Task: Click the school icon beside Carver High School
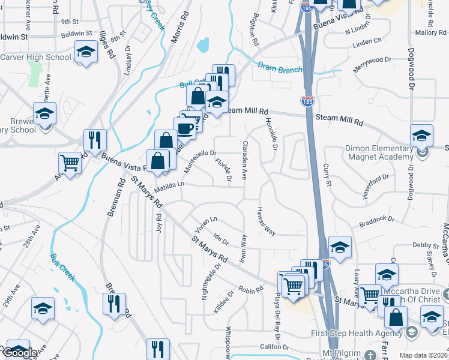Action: (x=86, y=52)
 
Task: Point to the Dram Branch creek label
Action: (x=280, y=69)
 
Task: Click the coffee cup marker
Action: (x=185, y=128)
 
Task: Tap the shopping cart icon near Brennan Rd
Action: (x=70, y=162)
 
